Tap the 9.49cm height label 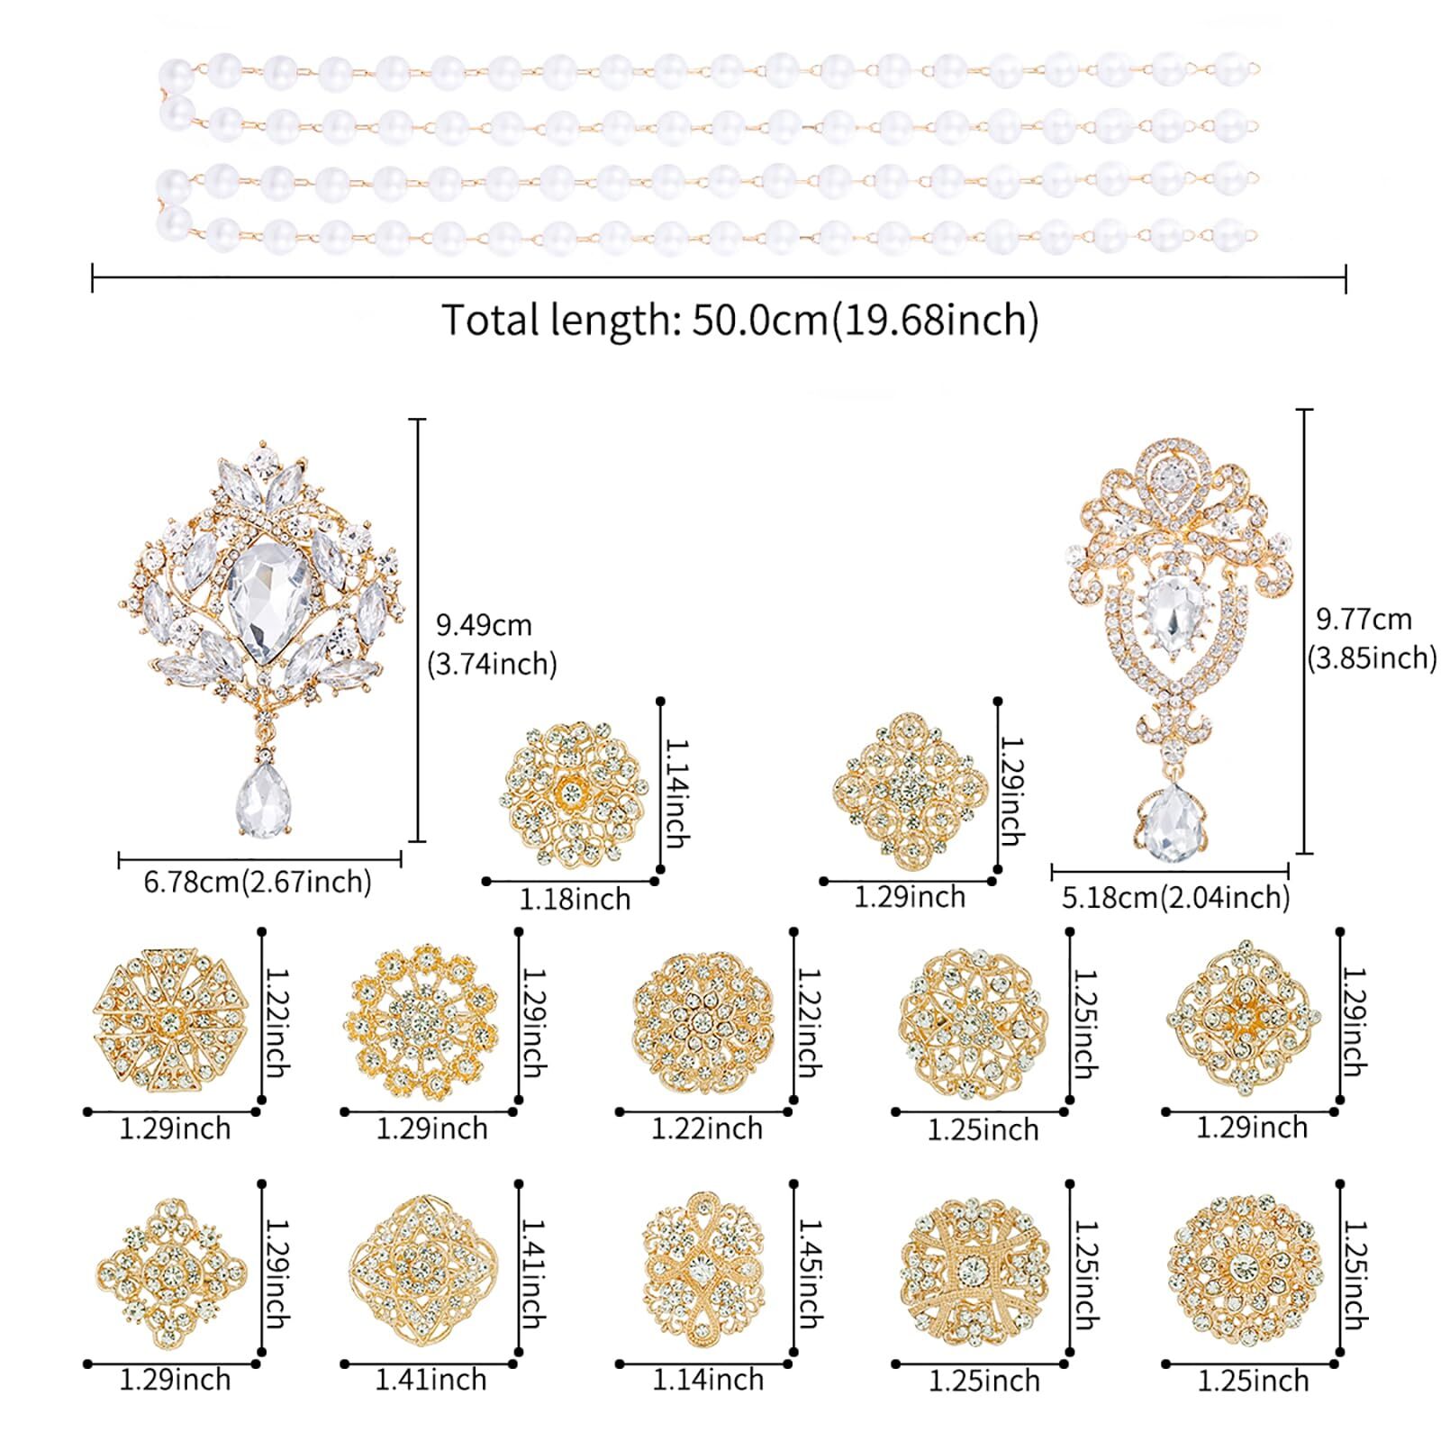(x=484, y=625)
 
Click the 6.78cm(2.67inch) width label (x=258, y=882)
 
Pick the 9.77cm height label (x=1364, y=620)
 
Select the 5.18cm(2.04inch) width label (x=1175, y=898)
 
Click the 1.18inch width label (x=575, y=900)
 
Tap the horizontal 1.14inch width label (x=708, y=1380)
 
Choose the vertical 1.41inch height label (x=532, y=1273)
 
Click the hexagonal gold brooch (x=170, y=1022)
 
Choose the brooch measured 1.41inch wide (x=422, y=1271)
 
